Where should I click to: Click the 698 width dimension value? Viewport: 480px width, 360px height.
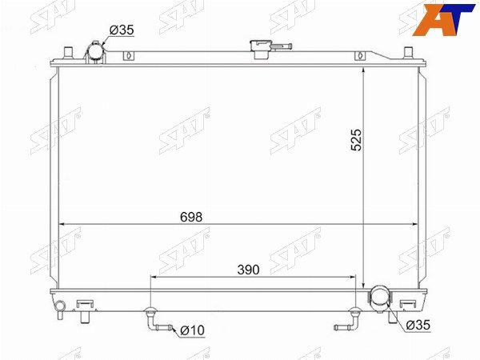191,217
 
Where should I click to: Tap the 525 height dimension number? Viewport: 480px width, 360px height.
356,140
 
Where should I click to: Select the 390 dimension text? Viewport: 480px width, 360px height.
248,270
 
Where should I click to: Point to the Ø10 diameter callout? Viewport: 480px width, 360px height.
192,330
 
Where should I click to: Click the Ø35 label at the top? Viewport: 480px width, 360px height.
122,30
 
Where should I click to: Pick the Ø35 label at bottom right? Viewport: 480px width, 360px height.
418,325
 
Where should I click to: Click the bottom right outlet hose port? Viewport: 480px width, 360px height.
379,295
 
